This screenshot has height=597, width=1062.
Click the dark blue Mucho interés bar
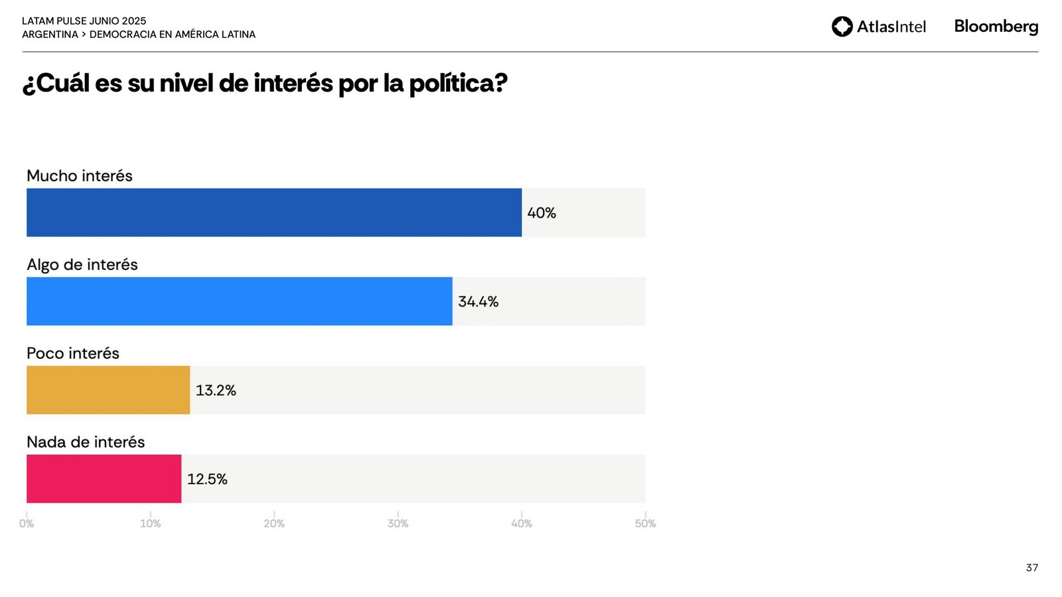273,212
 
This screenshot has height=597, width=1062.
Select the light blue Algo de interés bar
239,301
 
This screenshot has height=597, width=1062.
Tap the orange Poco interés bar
108,390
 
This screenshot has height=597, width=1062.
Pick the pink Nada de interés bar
104,479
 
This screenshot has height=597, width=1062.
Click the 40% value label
542,213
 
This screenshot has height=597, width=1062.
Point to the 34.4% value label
478,302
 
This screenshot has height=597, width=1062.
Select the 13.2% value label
216,391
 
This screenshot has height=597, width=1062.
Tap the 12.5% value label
207,480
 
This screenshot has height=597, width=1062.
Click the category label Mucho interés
80,176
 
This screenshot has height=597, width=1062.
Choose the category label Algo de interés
82,265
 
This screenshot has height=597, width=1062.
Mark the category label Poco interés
73,354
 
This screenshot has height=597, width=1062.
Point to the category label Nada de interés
86,442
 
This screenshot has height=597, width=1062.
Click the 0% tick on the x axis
27,523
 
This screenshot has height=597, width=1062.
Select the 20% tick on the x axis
274,523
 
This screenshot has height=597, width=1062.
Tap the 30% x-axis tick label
398,523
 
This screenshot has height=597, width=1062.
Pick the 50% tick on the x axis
645,523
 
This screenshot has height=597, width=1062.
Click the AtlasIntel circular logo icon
842,27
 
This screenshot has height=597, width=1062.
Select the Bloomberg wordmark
996,27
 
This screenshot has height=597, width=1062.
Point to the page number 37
1031,568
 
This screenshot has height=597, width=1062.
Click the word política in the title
457,84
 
